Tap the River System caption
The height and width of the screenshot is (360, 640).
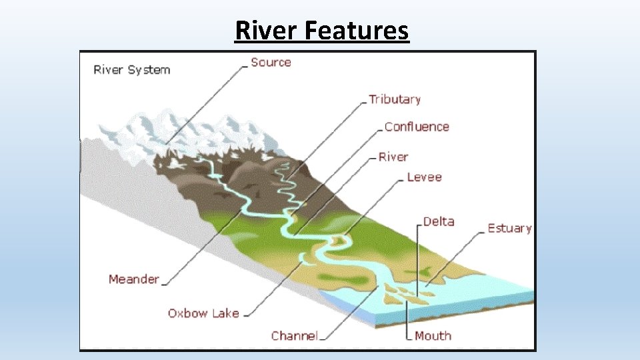(132, 70)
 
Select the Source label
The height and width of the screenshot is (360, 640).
(271, 63)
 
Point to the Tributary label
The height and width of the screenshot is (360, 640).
(395, 99)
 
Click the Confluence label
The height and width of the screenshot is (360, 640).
(417, 127)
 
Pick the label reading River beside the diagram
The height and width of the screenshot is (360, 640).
(393, 157)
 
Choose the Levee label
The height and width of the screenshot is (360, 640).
(424, 177)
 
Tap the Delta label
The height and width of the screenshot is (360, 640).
(439, 221)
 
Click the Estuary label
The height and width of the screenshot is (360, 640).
(509, 228)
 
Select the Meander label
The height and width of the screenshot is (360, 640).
(134, 279)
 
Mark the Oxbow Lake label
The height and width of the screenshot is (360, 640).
(203, 313)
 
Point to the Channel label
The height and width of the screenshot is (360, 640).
(294, 336)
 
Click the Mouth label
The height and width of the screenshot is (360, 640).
(433, 336)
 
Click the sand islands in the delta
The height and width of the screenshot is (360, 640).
(400, 293)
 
